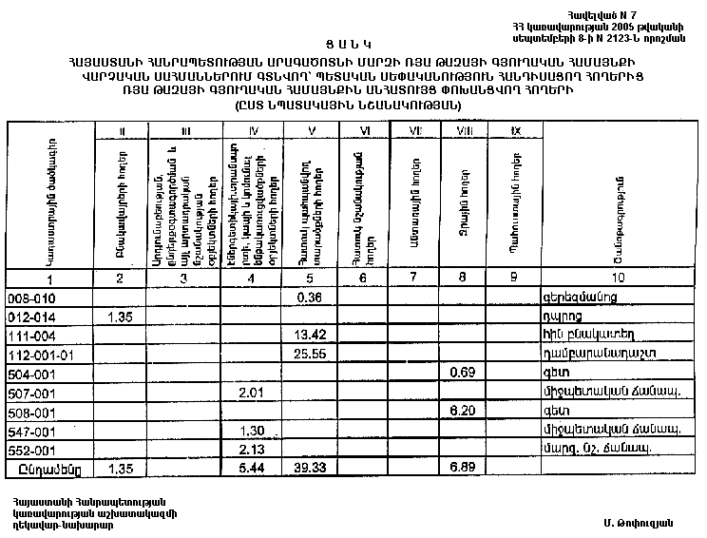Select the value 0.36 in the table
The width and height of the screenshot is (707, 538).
(x=306, y=298)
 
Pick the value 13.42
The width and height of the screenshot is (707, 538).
(x=306, y=334)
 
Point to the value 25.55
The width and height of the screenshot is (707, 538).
(x=306, y=353)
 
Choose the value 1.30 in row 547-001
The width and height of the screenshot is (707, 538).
(x=250, y=429)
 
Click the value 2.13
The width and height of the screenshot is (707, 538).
(x=250, y=448)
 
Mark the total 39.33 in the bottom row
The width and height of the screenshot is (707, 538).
(x=306, y=468)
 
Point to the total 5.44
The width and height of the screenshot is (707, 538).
(x=250, y=468)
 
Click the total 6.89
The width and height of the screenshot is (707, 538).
(x=460, y=468)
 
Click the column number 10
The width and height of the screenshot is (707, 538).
(x=619, y=278)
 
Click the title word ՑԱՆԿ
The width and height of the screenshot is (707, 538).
(x=351, y=44)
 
